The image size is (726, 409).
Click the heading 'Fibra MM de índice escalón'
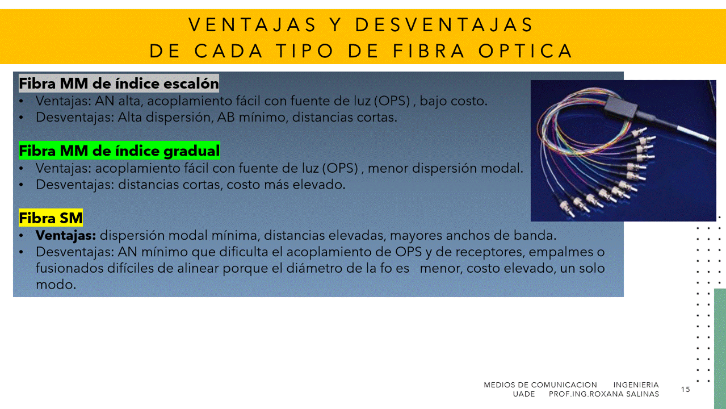(119, 84)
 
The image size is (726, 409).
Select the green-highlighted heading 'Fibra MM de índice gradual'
(119, 151)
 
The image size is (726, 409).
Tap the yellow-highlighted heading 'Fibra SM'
(51, 218)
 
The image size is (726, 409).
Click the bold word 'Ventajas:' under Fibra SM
(65, 236)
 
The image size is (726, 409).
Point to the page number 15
(686, 389)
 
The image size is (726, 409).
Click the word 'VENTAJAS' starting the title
(252, 24)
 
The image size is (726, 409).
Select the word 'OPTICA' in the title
(526, 51)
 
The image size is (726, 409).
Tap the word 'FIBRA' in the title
(429, 51)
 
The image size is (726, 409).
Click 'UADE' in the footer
(524, 394)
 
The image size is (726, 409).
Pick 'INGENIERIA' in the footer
(636, 385)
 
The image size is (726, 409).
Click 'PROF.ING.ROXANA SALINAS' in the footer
(604, 394)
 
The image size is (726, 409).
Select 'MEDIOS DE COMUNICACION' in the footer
(540, 385)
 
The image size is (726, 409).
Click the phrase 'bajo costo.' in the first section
(454, 101)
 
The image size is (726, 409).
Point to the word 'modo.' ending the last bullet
(56, 285)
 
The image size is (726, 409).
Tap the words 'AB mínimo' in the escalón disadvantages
(253, 118)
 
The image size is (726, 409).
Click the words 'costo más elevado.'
(286, 185)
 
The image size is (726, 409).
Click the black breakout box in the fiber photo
(620, 106)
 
